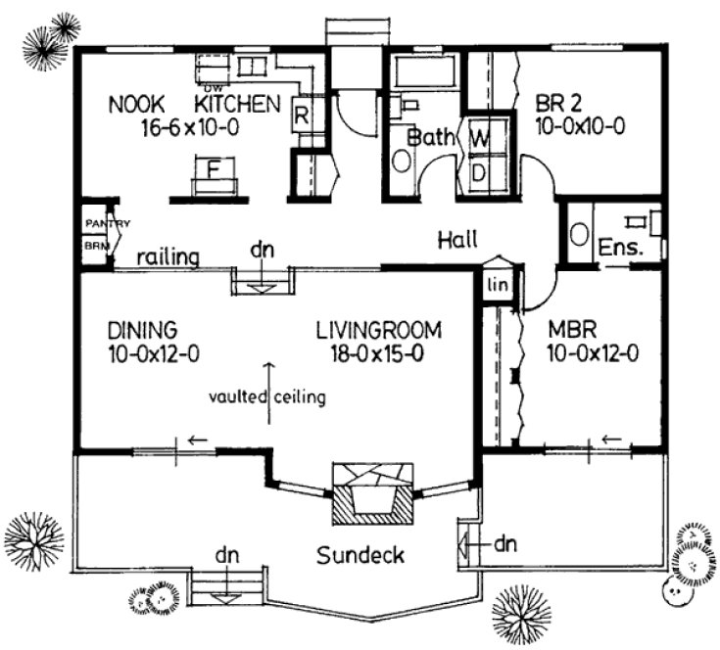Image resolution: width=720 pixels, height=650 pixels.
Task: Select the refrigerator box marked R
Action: coord(303,114)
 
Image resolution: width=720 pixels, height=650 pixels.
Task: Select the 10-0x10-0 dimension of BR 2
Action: coord(580,125)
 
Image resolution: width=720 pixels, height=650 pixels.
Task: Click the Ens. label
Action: coord(619,247)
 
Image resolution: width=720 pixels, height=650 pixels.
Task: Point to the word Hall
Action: coord(456,239)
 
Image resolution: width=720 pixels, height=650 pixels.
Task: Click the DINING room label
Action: coord(142,329)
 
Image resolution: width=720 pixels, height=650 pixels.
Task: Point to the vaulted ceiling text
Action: coord(266,397)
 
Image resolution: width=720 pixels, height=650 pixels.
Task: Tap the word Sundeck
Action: coord(360,556)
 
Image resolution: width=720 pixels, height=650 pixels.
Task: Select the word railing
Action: coord(168,257)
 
